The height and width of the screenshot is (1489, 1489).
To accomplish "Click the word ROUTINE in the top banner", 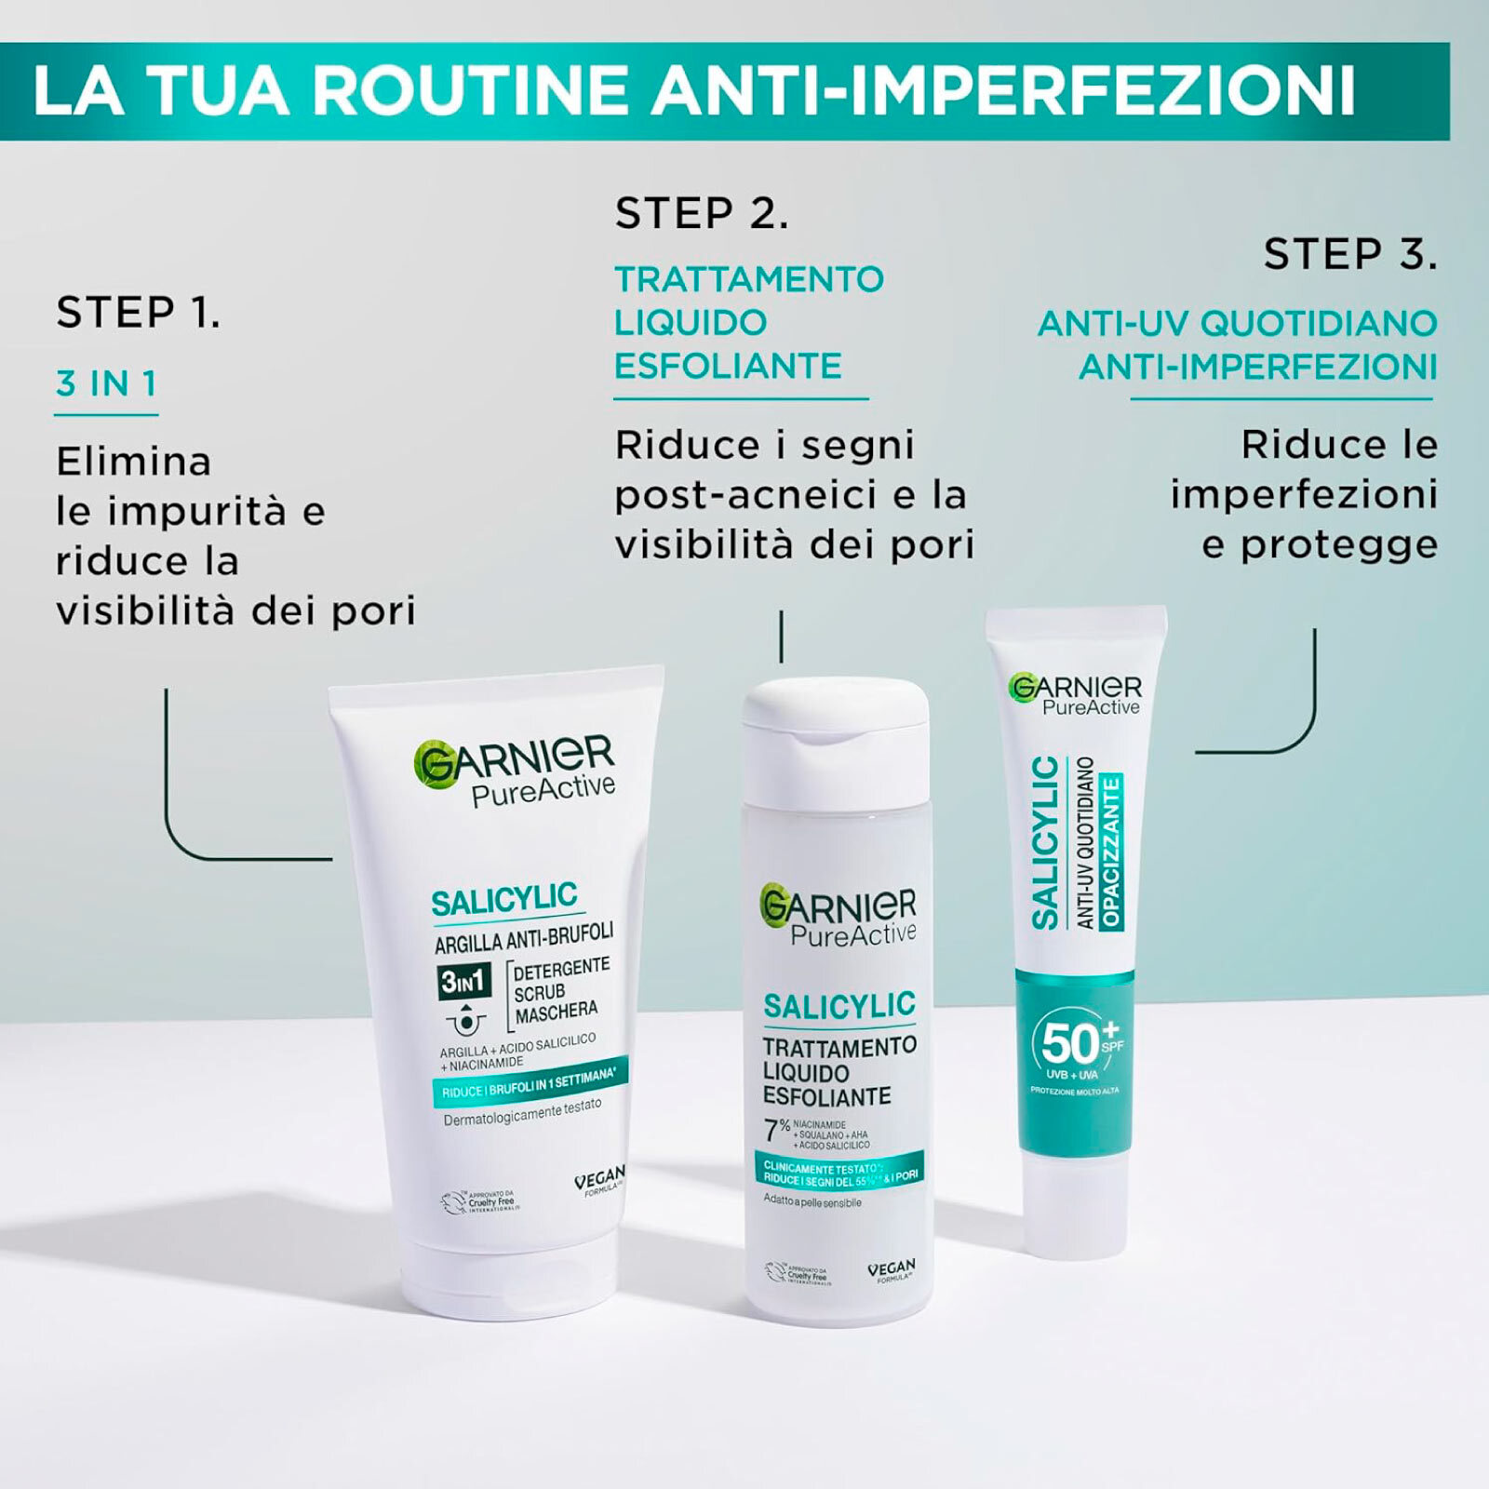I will [x=469, y=90].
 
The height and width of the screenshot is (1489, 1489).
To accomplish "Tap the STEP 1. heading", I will [x=139, y=313].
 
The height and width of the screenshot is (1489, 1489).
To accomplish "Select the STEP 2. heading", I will [x=702, y=214].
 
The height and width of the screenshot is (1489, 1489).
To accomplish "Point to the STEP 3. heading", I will [x=1350, y=254].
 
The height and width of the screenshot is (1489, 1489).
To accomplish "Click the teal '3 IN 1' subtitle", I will [x=106, y=383].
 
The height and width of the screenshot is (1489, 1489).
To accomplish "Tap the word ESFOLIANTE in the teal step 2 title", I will [x=728, y=366].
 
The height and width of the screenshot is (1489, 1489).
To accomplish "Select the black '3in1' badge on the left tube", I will [x=463, y=981].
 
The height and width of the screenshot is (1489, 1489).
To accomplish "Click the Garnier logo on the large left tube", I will [x=513, y=758].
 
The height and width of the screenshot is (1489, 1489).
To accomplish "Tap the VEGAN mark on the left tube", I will [x=599, y=1180].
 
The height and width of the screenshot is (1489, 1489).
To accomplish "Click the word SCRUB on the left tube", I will [x=540, y=992].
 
